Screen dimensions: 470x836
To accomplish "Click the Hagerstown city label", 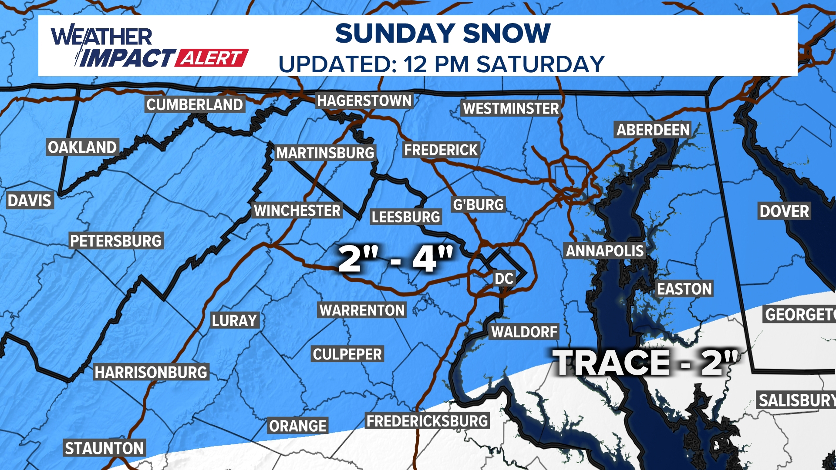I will tap(364, 101).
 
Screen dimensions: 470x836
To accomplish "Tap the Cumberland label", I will tap(195, 105).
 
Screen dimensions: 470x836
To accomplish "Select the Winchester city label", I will tap(297, 211).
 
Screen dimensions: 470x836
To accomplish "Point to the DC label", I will tap(504, 279).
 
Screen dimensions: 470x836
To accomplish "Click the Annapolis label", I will tap(604, 251).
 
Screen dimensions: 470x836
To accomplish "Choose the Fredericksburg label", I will tap(427, 421).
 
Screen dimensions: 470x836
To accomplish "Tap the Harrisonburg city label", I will tap(151, 373).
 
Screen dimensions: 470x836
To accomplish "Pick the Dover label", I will tap(784, 211).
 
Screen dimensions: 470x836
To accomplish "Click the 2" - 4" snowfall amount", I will tap(395, 259).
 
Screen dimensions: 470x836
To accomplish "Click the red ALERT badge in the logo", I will tap(212, 58).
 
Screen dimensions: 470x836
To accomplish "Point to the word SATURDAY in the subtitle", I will tap(540, 64).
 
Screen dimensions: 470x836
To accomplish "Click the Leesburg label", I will tap(406, 217).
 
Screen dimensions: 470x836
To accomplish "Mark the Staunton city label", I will tap(104, 448).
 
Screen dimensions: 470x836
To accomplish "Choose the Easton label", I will tap(684, 289).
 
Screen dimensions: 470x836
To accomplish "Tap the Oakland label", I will tap(82, 148).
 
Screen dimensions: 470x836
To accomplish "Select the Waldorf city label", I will tap(524, 332).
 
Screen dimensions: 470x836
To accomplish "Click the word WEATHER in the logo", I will tap(102, 37).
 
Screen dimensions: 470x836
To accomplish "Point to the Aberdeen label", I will tap(653, 130).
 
